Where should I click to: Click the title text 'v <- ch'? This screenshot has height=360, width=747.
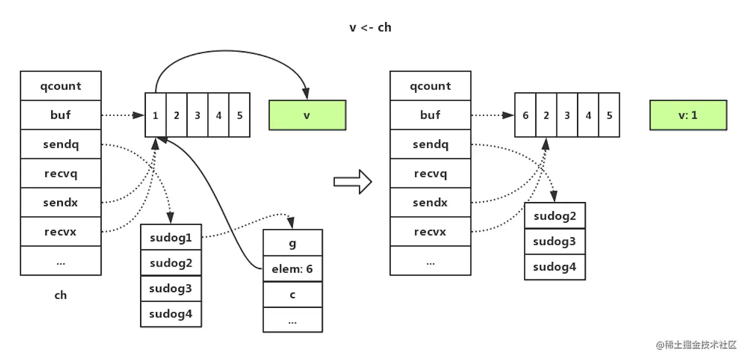370,27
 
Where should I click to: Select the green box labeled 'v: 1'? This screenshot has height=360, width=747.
688,115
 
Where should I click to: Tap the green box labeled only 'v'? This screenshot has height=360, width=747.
307,115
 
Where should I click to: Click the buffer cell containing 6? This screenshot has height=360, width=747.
525,115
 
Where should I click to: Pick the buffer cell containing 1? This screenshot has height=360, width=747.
155,115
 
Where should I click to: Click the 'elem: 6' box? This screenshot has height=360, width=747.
293,269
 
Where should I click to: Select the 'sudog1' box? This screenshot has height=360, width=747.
171,237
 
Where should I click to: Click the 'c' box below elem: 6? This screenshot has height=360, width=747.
293,295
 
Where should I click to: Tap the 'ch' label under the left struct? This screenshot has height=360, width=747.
60,295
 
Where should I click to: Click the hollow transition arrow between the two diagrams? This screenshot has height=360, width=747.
352,182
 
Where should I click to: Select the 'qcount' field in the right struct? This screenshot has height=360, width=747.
430,86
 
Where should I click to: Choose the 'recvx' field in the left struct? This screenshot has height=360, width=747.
61,232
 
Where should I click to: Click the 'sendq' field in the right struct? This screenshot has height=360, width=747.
430,144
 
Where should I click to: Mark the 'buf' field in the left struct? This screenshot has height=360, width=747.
61,115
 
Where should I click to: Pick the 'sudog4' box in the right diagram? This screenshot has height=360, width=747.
554,267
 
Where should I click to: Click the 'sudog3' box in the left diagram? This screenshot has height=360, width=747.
171,288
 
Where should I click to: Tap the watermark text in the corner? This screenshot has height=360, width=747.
696,345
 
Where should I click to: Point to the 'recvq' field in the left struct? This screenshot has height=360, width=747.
61,173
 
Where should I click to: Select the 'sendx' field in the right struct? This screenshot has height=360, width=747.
430,203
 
